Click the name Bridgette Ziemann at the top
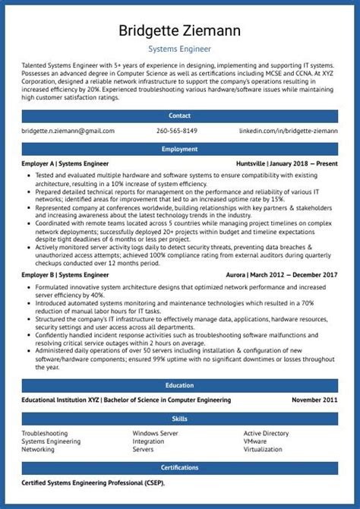point(180,31)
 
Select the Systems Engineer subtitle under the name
point(180,50)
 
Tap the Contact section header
point(180,115)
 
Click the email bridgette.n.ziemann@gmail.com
point(68,131)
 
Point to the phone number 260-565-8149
point(177,131)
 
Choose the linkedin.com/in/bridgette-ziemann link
point(289,131)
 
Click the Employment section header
point(180,149)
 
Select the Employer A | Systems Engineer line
point(65,163)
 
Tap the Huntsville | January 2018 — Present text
point(287,163)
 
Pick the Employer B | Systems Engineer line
point(65,273)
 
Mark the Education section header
point(180,385)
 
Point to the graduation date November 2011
point(315,400)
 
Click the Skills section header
point(180,419)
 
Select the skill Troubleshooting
point(45,433)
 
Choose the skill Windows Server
point(156,433)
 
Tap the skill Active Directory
point(266,433)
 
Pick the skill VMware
point(255,441)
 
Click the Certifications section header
point(180,468)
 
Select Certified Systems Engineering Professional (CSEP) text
point(93,482)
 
